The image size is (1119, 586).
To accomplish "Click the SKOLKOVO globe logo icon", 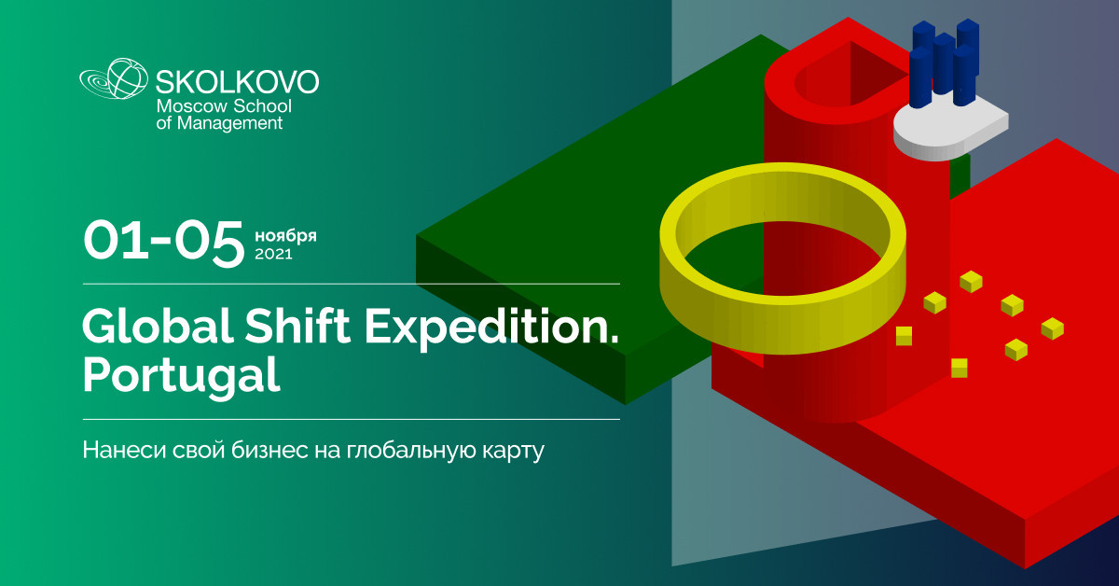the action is click(114, 78).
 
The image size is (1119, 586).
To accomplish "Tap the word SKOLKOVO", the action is click(237, 82).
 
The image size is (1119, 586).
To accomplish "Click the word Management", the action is click(229, 123).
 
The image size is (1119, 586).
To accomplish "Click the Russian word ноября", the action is click(285, 235).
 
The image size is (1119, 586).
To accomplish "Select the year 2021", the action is click(273, 254).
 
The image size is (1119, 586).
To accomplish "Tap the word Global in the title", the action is click(158, 326).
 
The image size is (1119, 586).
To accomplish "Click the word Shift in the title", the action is click(297, 326).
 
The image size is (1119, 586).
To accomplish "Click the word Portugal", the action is click(181, 376).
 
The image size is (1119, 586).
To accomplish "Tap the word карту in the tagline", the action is click(514, 452).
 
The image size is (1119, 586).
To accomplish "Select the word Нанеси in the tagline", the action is click(124, 450).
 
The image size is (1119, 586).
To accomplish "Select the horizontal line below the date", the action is click(352, 284).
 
